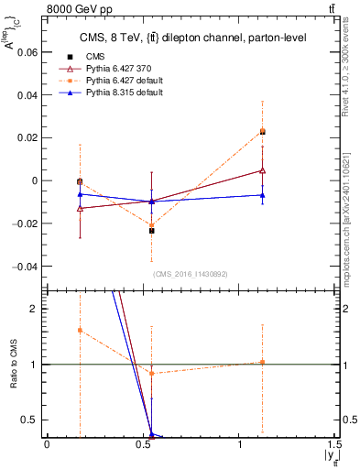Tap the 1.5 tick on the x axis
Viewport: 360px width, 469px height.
pyautogui.click(x=338, y=445)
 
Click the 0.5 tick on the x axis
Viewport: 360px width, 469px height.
pyautogui.click(x=144, y=445)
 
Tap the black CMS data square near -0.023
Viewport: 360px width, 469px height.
pyautogui.click(x=151, y=231)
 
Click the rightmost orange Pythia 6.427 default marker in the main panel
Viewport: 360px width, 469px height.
pyautogui.click(x=263, y=131)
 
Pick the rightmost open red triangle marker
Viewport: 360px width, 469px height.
pyautogui.click(x=263, y=170)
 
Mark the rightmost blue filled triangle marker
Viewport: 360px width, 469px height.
pyautogui.click(x=263, y=194)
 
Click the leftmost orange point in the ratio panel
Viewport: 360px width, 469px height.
pyautogui.click(x=81, y=330)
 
